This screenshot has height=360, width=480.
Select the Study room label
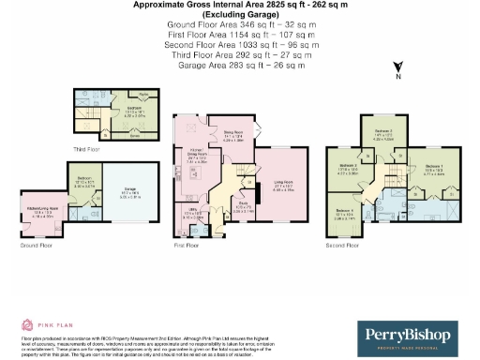[x=242, y=210]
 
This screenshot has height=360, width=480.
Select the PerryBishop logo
[x=413, y=335]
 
